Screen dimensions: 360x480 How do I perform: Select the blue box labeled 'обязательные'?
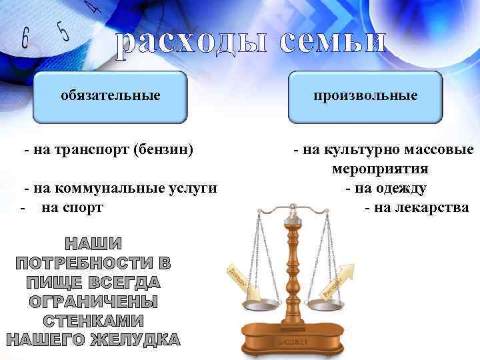[111, 96]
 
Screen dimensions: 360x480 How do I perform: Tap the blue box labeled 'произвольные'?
[366, 96]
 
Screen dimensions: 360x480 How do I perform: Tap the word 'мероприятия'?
[381, 169]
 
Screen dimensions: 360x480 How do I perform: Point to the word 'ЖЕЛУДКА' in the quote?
[137, 340]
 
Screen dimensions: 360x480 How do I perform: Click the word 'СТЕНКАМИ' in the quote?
[93, 321]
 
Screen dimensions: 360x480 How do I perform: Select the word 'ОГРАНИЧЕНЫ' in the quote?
[93, 301]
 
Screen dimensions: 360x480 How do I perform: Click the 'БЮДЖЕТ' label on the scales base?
[291, 341]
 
